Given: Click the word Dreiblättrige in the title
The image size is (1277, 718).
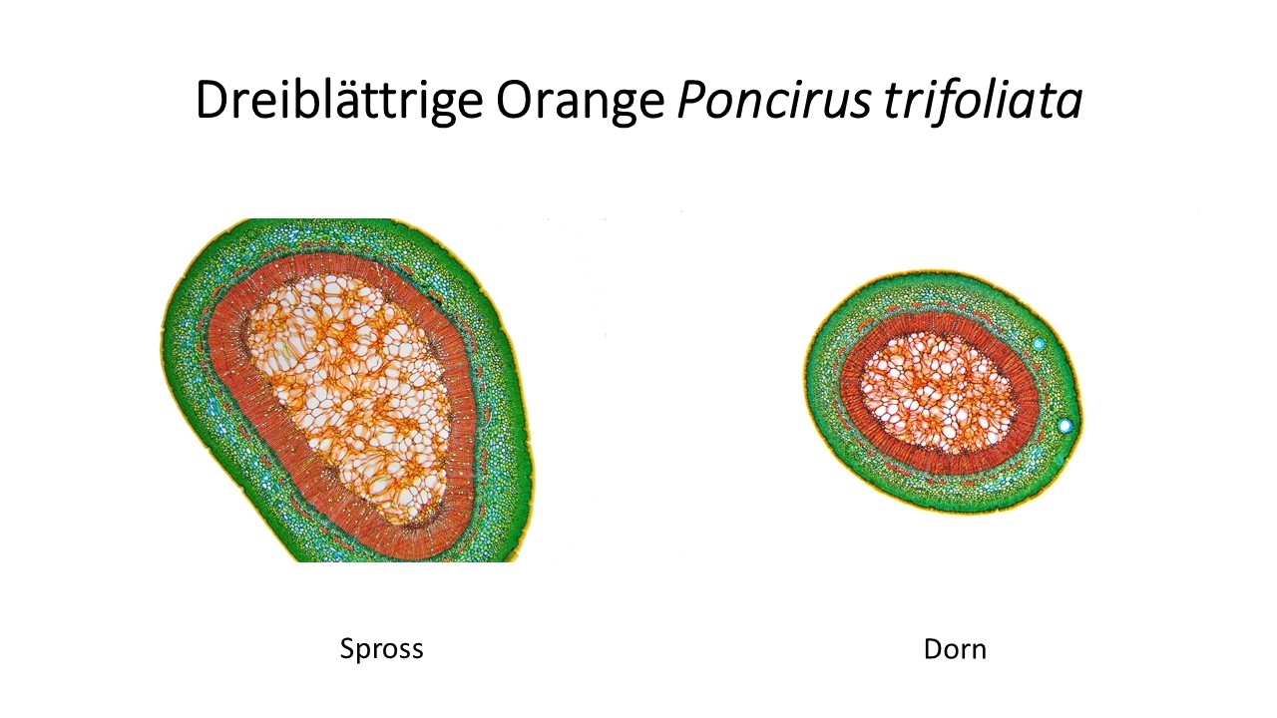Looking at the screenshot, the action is pyautogui.click(x=339, y=101).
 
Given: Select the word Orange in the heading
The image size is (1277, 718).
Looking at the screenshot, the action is pyautogui.click(x=581, y=102).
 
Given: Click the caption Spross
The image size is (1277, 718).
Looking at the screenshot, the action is pyautogui.click(x=381, y=649).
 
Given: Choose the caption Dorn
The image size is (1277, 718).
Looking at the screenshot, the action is pyautogui.click(x=955, y=649).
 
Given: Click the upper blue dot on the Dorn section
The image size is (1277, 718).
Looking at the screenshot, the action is pyautogui.click(x=1039, y=344).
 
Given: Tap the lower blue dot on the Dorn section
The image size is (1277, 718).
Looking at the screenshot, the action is pyautogui.click(x=1064, y=425).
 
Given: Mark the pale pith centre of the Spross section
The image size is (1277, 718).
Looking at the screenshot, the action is pyautogui.click(x=348, y=393).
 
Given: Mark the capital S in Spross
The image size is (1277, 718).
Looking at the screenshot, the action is pyautogui.click(x=347, y=648).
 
